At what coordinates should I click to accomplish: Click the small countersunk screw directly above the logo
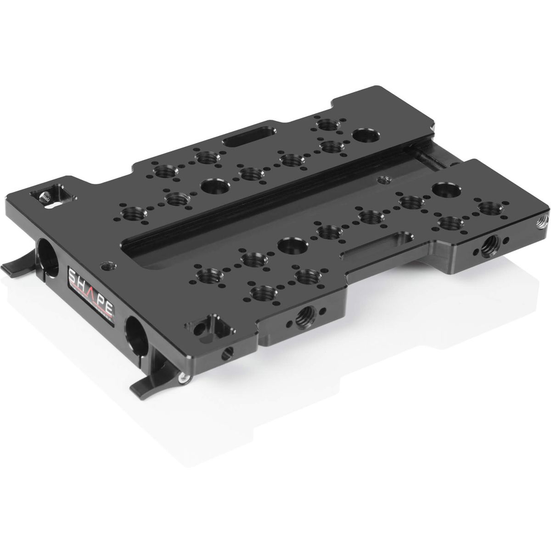point(107,264)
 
